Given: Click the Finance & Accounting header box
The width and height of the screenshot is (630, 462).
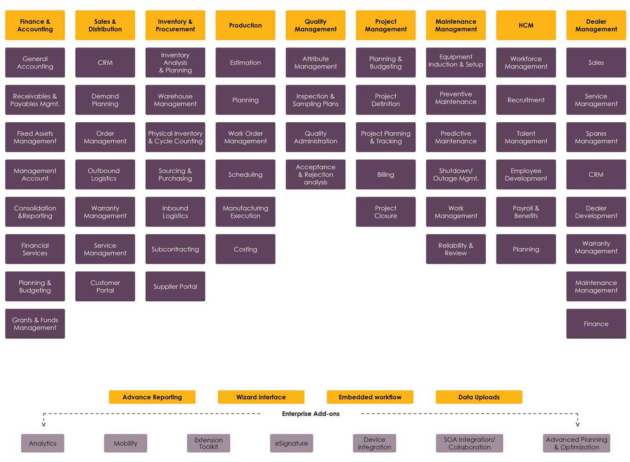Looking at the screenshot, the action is coord(35,26).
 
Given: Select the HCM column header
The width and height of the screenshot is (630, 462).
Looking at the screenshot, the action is coord(526,26).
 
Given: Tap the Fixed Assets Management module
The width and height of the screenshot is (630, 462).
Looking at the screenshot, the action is coord(35,137).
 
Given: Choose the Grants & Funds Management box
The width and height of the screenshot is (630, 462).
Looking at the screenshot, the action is coord(35,324).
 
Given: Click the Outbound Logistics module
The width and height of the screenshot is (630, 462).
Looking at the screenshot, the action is coord(105,174).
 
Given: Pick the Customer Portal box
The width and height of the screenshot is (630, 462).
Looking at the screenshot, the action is coord(105,286).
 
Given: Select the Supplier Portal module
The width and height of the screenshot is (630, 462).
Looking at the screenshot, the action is coord(175,286).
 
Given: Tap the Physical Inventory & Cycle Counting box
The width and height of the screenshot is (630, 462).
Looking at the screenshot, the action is coord(175,137).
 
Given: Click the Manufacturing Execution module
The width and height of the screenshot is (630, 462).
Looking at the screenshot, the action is coord(245,212).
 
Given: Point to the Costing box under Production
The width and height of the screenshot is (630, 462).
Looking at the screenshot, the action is coord(245,249).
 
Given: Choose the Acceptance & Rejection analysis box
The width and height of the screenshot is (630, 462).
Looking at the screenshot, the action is coord(316,174).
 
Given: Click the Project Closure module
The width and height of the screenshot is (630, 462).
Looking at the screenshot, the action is coord(386,212).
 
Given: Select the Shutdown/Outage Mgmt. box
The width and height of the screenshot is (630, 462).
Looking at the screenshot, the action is coord(456,174).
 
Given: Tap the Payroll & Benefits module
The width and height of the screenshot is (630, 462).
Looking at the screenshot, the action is coord(526,212).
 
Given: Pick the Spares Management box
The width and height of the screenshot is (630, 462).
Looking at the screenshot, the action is coord(596,137).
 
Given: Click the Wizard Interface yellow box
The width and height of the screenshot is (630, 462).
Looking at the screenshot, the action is coord(261,397).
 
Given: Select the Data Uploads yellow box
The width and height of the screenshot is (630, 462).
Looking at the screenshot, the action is coord(479,397).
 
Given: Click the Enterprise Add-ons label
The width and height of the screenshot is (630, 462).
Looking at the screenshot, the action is coord(311,414).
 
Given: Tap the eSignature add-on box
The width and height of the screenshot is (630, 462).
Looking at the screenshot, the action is coord(291,443).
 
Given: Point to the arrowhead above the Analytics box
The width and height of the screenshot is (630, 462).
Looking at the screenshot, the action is coord(43,424).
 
